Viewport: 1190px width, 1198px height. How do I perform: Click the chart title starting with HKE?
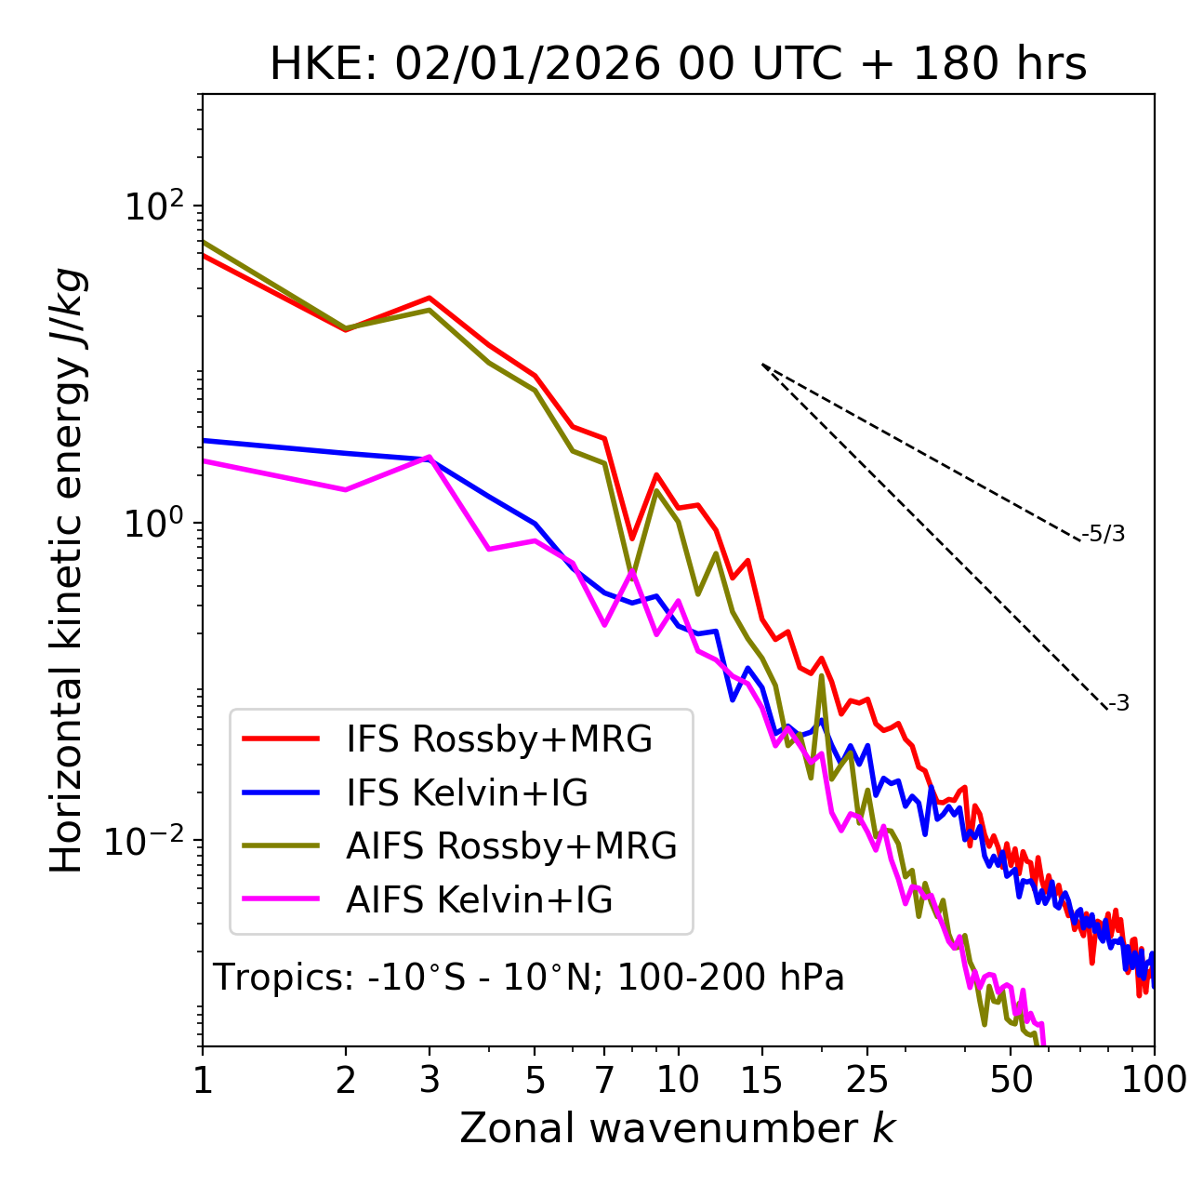(678, 65)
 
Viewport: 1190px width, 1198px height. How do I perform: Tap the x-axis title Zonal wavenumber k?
(677, 1127)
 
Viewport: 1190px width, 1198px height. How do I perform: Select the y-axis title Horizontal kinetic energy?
(67, 570)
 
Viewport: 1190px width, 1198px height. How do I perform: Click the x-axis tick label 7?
(604, 1079)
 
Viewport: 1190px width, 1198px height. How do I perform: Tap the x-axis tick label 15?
(761, 1079)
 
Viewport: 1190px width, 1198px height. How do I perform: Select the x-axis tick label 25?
(867, 1079)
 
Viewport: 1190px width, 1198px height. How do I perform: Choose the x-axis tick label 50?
(1011, 1079)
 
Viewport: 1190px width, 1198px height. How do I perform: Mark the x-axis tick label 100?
(1154, 1079)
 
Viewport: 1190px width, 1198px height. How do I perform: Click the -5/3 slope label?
(1104, 534)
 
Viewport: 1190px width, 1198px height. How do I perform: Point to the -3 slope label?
(1118, 703)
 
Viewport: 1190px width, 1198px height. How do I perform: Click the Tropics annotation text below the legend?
(528, 978)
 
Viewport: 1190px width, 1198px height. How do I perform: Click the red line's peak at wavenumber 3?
(430, 298)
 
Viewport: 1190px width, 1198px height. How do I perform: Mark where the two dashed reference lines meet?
(762, 365)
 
